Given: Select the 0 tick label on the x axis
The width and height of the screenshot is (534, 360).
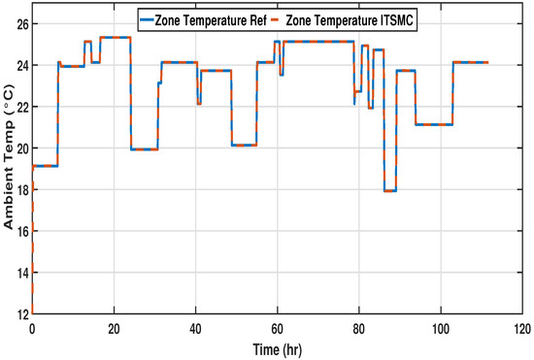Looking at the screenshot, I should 32,327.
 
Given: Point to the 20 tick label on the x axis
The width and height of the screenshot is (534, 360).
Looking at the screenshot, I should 114,327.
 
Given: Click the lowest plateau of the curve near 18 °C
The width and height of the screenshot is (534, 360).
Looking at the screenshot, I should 390,191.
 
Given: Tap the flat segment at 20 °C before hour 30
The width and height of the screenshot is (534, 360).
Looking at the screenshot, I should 144,149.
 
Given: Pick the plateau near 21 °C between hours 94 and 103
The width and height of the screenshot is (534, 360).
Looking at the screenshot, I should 434,124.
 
